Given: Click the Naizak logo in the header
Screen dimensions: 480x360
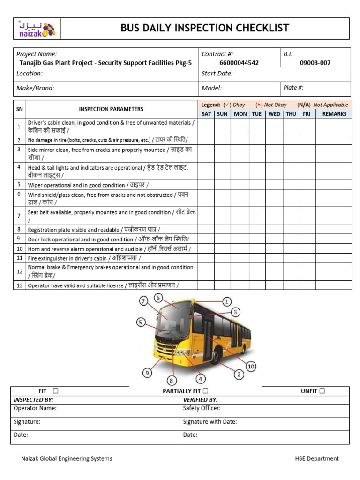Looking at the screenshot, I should click(37, 29).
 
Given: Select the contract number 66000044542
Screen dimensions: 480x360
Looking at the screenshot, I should click(239, 63).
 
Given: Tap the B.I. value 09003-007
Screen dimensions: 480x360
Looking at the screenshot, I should click(315, 63).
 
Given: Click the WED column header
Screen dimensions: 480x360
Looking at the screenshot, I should click(274, 114).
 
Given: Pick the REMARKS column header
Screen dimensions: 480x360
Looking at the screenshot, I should click(334, 114).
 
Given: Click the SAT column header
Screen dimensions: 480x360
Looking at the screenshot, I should click(206, 114).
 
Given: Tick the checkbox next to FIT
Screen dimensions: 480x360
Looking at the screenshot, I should click(55, 391).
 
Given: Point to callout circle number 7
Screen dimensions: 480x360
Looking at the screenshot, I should click(143, 301).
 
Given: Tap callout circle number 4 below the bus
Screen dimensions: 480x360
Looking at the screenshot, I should click(201, 379).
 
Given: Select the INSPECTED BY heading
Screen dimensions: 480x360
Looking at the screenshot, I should click(34, 400).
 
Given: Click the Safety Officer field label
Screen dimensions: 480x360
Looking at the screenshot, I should click(202, 408).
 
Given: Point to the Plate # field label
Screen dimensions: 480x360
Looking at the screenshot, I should click(293, 88).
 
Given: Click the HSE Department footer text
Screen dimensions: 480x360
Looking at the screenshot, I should click(316, 458).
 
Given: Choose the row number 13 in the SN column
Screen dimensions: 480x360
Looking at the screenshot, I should click(19, 285).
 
